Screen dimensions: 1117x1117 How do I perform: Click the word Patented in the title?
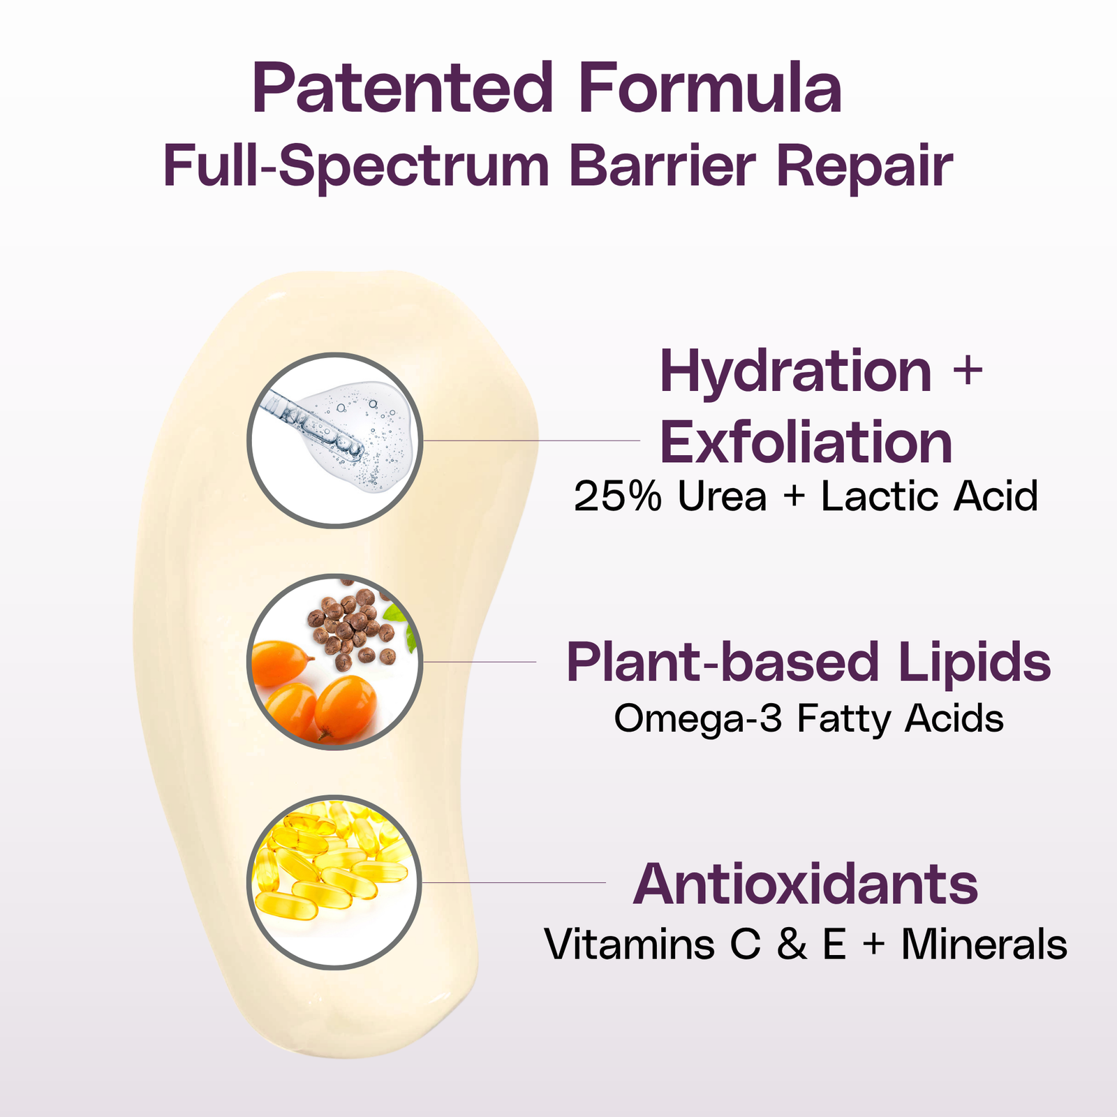403,88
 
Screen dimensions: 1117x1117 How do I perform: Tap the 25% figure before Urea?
617,496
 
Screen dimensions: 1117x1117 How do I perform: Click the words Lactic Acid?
929,496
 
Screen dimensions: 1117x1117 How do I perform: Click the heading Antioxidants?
805,884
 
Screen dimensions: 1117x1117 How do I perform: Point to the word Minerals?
984,945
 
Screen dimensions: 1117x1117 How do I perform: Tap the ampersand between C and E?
792,945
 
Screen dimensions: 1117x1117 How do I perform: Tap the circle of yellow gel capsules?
335,882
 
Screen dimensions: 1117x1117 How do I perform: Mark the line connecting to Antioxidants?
514,882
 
